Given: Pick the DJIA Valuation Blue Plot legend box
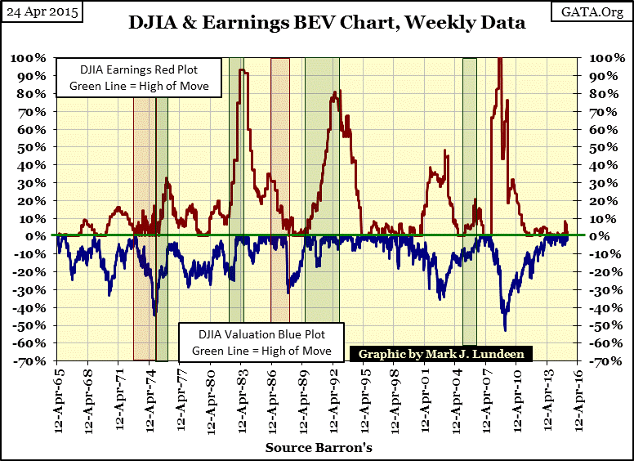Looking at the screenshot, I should [261, 342].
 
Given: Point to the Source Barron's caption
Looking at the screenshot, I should [319, 448].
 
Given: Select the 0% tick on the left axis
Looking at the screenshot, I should [36, 235].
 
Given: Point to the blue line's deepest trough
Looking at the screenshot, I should [505, 329].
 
